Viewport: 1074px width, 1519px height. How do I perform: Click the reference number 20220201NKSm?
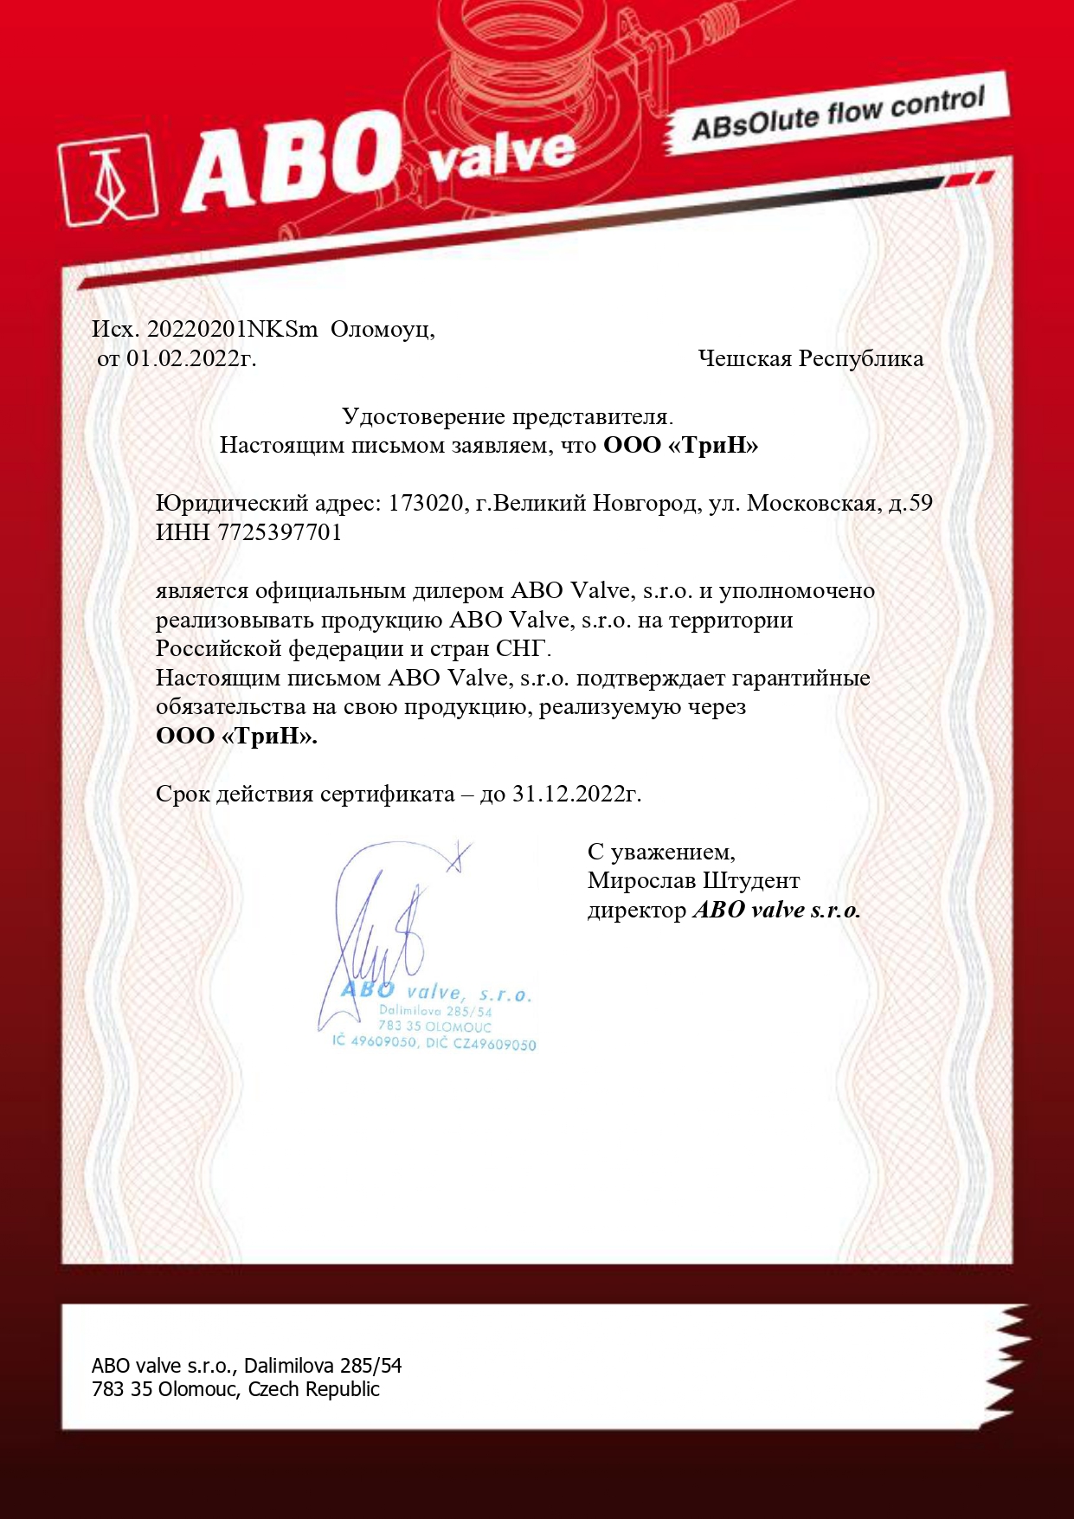click(x=233, y=330)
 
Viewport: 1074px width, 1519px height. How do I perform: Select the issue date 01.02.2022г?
click(x=191, y=358)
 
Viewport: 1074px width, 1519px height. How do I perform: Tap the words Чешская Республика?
click(x=810, y=358)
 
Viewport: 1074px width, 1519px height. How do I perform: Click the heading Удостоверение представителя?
click(x=507, y=416)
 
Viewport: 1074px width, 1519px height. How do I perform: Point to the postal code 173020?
click(x=426, y=503)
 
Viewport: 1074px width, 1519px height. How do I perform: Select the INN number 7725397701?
click(x=280, y=532)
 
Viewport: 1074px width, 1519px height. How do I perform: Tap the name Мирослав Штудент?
click(x=693, y=881)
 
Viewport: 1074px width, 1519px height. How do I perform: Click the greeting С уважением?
click(x=661, y=853)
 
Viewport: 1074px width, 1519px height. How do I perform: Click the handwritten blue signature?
click(x=381, y=935)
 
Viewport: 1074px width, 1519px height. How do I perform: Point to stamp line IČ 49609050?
click(x=375, y=1041)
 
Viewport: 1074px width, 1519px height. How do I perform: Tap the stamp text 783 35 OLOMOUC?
click(x=434, y=1027)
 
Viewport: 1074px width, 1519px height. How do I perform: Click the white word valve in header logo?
click(x=502, y=155)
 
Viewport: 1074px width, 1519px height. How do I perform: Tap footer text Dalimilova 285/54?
click(x=323, y=1366)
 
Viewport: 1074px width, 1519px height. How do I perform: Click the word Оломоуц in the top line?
click(x=383, y=330)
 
